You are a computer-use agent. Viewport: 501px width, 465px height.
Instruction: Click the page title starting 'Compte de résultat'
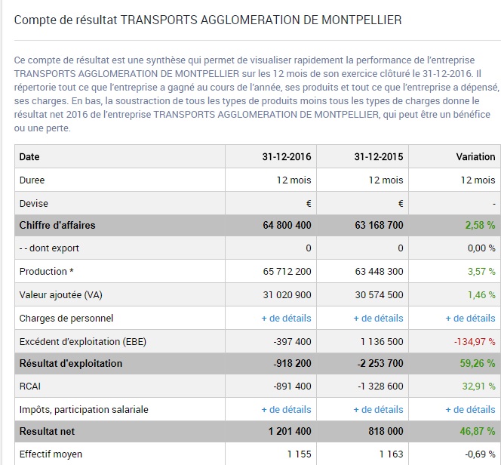(207, 19)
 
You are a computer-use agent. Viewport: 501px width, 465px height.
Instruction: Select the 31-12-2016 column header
(287, 157)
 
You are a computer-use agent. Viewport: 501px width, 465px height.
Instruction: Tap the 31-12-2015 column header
(379, 157)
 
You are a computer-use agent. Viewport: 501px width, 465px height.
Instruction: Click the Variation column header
(475, 157)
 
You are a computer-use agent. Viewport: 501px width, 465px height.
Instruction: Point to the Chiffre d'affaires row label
(57, 226)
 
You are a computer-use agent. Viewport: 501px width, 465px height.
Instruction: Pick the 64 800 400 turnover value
(287, 226)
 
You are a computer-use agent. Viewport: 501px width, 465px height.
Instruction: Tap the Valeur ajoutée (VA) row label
(60, 295)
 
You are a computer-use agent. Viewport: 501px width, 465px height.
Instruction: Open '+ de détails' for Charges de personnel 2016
(286, 318)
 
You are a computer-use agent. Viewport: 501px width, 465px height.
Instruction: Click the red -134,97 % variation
(475, 341)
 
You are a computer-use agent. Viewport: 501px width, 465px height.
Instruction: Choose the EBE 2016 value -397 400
(293, 341)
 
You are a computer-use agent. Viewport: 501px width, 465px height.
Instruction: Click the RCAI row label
(31, 386)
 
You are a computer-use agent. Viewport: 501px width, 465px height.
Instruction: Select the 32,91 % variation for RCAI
(479, 386)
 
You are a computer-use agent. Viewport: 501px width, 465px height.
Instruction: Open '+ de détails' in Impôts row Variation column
(470, 410)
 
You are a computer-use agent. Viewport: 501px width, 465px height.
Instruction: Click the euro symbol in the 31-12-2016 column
(309, 203)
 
